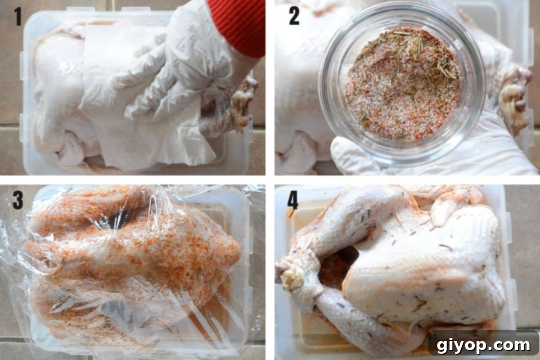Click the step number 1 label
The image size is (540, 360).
click(18, 16)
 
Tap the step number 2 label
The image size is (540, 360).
click(294, 16)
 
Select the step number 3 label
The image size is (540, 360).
click(18, 199)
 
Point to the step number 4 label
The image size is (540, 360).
click(292, 200)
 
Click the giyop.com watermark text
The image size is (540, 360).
click(484, 345)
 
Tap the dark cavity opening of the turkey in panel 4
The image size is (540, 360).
click(335, 265)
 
